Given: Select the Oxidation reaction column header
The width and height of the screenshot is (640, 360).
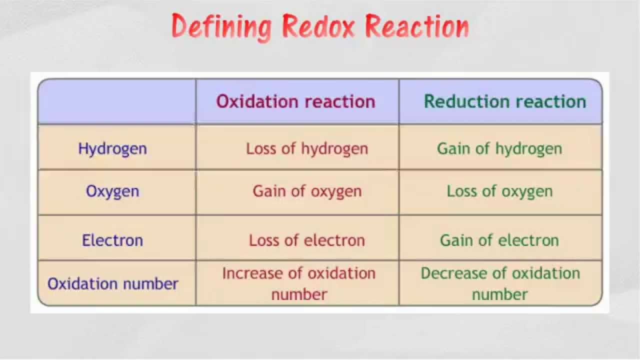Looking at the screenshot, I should coord(295,101).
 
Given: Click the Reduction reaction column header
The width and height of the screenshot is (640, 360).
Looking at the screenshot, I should coord(504,101).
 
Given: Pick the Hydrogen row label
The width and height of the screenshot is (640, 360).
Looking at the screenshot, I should coord(112,148).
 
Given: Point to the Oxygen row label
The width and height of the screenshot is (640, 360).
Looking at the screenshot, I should coord(112,191).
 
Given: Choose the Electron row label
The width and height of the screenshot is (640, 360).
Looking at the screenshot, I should coord(112,240).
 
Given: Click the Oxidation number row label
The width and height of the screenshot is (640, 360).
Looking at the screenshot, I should coord(112,284).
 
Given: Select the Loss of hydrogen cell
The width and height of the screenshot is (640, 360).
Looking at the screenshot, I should coord(307,148).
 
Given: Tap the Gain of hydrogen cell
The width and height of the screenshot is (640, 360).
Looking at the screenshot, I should coord(499,148).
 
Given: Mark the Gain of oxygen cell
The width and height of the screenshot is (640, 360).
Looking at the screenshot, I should coord(307,191).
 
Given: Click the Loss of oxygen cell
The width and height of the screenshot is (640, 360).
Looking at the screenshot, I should coord(499,191).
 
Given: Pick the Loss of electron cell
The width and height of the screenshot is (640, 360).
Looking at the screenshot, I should coord(307,240).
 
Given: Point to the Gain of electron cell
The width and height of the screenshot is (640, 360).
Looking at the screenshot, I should coord(499,240).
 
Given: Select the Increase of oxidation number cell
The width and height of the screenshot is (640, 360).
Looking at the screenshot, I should coord(299,283).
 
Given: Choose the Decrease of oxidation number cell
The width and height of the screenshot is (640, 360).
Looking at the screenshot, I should coord(500,283).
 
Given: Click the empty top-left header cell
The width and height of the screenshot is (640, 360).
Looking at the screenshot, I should coord(117,101).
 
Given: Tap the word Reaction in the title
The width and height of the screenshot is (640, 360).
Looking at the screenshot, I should coord(416,26).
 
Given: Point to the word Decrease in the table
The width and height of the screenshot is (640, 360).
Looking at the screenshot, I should coord(453,273).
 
